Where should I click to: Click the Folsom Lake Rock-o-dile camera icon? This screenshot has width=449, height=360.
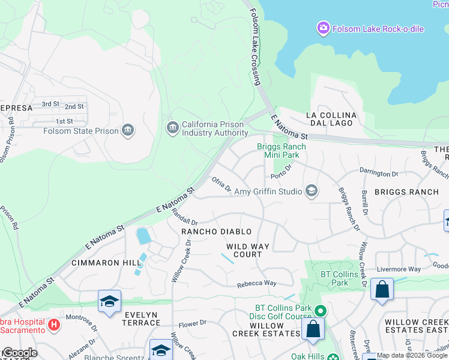324,28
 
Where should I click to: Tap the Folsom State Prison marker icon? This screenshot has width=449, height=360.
127,130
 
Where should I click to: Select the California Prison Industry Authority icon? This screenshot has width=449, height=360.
172,128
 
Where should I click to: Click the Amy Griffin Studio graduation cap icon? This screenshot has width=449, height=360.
311,191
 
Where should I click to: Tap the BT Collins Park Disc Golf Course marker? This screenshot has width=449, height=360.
321,311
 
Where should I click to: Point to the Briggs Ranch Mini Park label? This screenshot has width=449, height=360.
282,151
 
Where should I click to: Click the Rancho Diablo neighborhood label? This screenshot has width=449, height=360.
216,232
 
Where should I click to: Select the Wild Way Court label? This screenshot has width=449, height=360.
244,250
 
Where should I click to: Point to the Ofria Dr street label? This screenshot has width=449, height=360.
220,183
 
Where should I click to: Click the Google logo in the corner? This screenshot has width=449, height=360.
19,353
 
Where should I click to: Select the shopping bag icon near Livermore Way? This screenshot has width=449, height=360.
382,290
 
